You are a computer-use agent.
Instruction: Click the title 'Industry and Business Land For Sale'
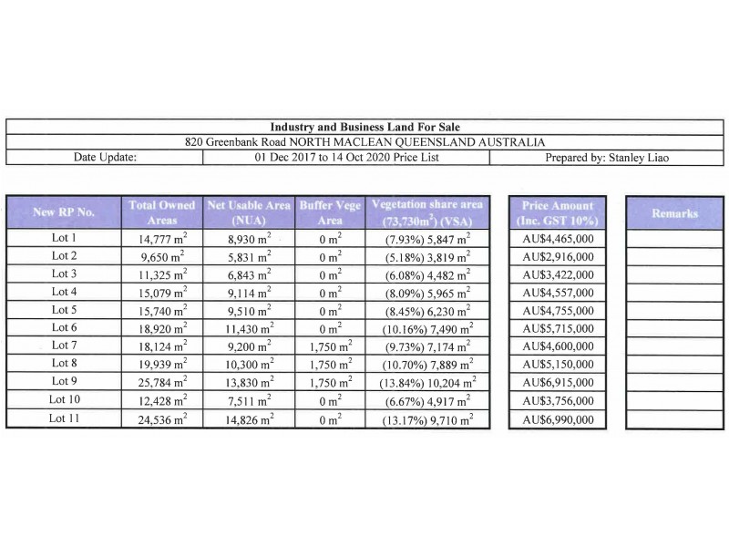(x=364, y=127)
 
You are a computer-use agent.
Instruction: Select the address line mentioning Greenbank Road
(x=364, y=141)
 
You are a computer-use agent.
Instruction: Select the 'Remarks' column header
(x=674, y=212)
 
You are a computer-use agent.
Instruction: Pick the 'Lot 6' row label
(x=64, y=327)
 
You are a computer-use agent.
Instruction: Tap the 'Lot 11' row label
(x=64, y=418)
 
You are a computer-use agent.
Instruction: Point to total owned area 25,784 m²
(x=160, y=382)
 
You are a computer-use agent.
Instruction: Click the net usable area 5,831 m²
(x=248, y=255)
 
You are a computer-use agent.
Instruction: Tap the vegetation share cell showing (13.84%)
(x=427, y=382)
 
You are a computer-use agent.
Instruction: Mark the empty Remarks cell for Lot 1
(x=674, y=237)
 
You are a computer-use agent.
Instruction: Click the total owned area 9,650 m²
(x=160, y=255)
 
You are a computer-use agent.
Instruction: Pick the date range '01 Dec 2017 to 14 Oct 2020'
(x=345, y=157)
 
